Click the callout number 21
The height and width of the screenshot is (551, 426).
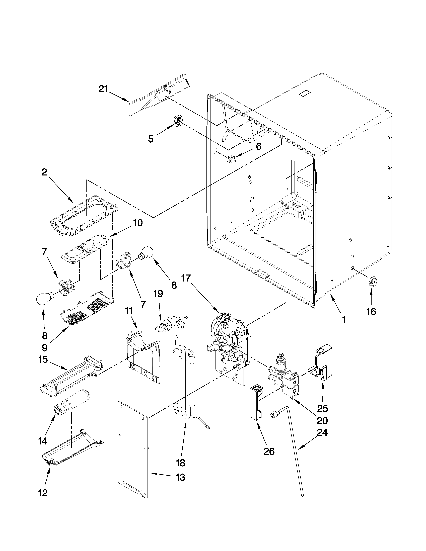(x=103, y=89)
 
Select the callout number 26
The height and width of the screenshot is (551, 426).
(x=269, y=451)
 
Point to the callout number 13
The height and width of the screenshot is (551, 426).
(x=180, y=477)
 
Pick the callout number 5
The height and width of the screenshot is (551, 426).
(x=151, y=139)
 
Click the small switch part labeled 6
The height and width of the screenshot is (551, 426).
(x=230, y=159)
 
